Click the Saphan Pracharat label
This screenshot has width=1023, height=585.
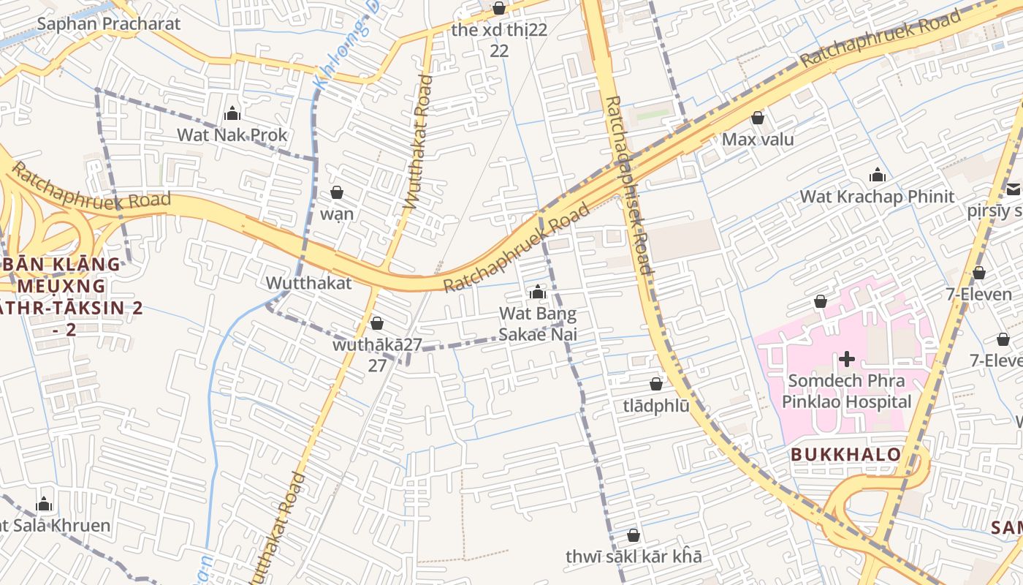click(108, 23)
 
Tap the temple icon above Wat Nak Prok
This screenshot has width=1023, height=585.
click(232, 113)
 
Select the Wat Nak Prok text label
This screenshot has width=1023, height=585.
click(232, 135)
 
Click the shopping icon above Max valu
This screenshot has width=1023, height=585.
click(758, 118)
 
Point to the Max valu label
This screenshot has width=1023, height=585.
click(758, 139)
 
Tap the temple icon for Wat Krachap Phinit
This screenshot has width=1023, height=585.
click(877, 175)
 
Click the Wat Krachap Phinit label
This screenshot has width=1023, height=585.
click(877, 196)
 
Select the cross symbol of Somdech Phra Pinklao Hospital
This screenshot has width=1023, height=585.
click(847, 359)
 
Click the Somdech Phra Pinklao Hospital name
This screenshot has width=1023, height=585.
click(847, 391)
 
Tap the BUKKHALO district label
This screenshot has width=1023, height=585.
click(845, 455)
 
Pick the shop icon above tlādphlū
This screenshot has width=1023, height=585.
click(656, 384)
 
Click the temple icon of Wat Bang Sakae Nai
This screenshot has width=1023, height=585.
click(538, 292)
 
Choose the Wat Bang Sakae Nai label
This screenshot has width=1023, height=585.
click(538, 324)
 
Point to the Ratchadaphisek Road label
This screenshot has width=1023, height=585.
click(629, 186)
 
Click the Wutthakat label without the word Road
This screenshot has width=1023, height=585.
click(308, 283)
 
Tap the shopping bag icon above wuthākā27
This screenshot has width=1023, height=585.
click(377, 323)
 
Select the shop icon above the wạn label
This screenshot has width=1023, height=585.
click(337, 193)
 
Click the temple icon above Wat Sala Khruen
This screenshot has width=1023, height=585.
click(44, 505)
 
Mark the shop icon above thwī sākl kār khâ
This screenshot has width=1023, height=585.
click(634, 535)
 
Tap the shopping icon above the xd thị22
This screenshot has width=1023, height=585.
click(499, 9)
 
